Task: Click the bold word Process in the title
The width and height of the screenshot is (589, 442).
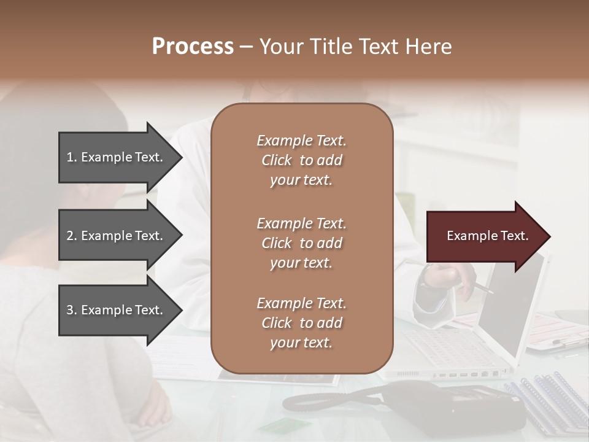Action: (193, 47)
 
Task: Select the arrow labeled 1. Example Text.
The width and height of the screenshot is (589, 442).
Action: (117, 157)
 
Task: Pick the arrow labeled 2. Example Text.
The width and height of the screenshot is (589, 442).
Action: (117, 236)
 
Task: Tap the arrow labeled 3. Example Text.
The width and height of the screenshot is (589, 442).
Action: (117, 310)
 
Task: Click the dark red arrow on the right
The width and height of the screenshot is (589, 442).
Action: (485, 236)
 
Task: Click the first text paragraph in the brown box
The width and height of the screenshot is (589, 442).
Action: (301, 160)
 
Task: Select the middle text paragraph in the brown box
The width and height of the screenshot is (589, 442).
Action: (301, 243)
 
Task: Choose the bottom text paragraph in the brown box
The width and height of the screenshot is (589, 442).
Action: (301, 323)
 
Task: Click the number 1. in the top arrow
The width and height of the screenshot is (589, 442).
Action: (72, 157)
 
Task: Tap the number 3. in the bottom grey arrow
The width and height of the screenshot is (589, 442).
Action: (72, 310)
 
